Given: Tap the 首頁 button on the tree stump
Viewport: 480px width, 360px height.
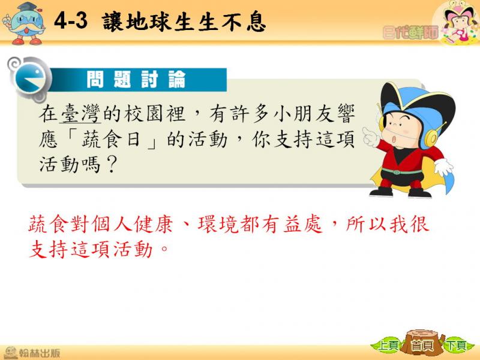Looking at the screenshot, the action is (422, 346).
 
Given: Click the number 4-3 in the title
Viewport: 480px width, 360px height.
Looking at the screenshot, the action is (71, 22).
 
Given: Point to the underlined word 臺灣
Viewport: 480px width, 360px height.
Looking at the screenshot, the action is (80, 113).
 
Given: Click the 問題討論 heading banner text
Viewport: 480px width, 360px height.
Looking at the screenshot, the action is (136, 79).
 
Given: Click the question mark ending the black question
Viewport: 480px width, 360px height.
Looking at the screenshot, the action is (111, 164).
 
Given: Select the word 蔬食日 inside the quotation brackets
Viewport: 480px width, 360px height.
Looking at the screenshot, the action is (111, 140).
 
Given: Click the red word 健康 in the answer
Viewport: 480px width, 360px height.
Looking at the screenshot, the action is (154, 224).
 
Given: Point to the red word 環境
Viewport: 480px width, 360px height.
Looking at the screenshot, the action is (218, 224).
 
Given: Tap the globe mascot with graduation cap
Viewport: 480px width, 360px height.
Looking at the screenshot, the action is (24, 23).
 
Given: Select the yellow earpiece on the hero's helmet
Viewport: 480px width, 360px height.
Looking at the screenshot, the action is (431, 137).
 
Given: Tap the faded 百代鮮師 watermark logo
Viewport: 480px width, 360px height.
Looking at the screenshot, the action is (410, 32).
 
